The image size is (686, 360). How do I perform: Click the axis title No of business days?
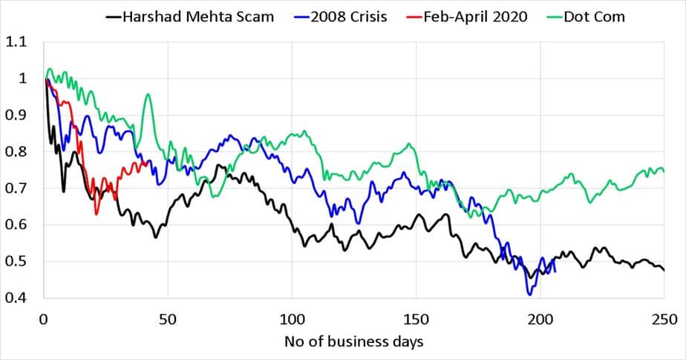353,343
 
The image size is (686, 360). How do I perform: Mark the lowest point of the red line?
97,214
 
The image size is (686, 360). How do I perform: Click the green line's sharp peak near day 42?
148,94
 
